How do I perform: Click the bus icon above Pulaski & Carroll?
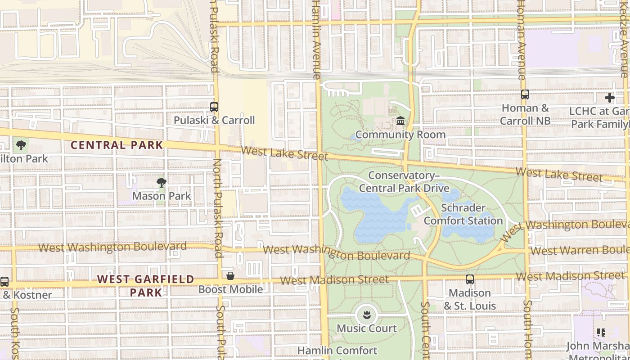pos(214,107)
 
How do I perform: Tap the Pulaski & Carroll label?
pos(214,120)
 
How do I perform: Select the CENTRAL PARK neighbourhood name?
pos(117,145)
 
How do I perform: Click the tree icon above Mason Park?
pos(162,182)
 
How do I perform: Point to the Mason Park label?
pos(162,196)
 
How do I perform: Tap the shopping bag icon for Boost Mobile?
pos(230,275)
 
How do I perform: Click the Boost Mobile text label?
pos(230,289)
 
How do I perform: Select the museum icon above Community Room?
pos(400,121)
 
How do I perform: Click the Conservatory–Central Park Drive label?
pos(404,182)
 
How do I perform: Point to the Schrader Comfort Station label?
pos(463,214)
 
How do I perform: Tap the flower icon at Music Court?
pos(367,315)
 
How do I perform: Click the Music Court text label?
pos(367,328)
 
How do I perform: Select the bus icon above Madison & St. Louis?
pos(470,279)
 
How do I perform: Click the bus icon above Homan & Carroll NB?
pos(525,94)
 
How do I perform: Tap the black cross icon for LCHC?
pos(610,97)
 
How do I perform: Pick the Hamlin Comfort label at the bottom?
pos(337,351)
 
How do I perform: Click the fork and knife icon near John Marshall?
pos(601,333)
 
